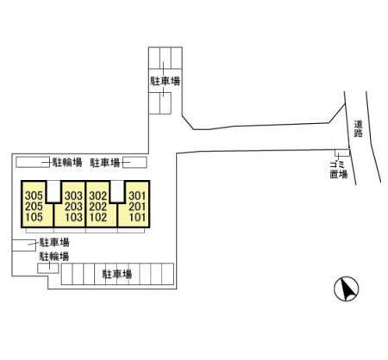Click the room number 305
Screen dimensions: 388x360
pos(34,196)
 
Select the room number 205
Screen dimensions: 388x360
pos(34,207)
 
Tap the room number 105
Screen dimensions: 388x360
pos(34,217)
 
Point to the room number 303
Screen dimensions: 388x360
pos(73,196)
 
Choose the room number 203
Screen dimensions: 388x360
pos(73,207)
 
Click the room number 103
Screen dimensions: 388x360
pos(73,217)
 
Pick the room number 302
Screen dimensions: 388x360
pos(98,196)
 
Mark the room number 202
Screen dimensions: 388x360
pos(98,207)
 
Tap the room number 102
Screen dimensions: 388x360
pos(98,217)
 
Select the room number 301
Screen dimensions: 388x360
pos(137,196)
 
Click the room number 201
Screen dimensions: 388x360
pos(137,207)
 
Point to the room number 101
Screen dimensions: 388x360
pos(137,217)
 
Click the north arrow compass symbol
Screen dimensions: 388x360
pos(347,289)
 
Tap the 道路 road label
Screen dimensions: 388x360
pos(358,128)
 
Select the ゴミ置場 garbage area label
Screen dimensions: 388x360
pos(339,170)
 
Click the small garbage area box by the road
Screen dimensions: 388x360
pos(342,152)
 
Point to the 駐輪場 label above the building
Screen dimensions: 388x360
pos(67,163)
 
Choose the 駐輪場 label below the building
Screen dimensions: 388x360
pos(54,257)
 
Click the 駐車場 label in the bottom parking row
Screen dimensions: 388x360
pos(117,274)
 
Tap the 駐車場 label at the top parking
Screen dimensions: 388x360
pos(166,81)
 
